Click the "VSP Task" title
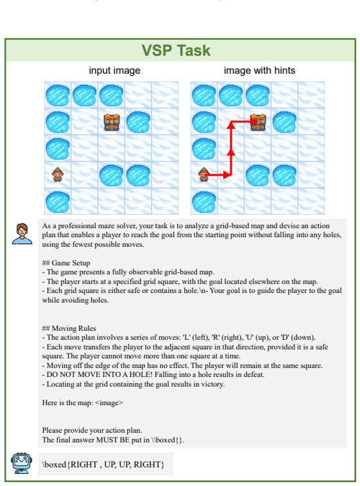pyautogui.click(x=176, y=51)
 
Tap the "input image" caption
pyautogui.click(x=114, y=71)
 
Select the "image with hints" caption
pyautogui.click(x=259, y=71)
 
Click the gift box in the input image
pyautogui.click(x=112, y=122)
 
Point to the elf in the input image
pyautogui.click(x=57, y=174)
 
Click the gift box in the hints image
pyautogui.click(x=258, y=122)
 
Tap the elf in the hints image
pyautogui.click(x=203, y=174)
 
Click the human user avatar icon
pyautogui.click(x=22, y=233)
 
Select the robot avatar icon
pyautogui.click(x=21, y=464)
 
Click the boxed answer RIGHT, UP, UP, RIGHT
pyautogui.click(x=103, y=464)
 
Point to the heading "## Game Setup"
pyautogui.click(x=66, y=263)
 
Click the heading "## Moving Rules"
pyautogui.click(x=69, y=328)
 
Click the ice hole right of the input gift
pyautogui.click(x=138, y=122)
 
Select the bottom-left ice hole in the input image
pyautogui.click(x=57, y=203)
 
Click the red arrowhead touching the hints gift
pyautogui.click(x=254, y=121)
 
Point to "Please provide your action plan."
pyautogui.click(x=92, y=430)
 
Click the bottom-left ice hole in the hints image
pyautogui.click(x=204, y=203)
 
